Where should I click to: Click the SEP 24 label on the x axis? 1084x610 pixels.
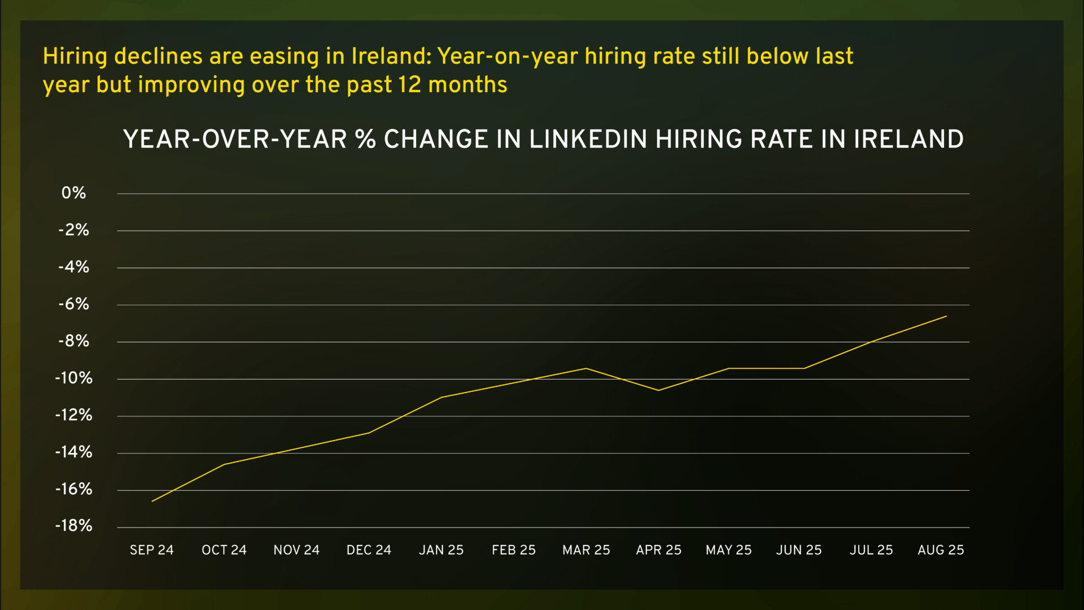point(151,550)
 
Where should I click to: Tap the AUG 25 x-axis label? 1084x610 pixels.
point(941,550)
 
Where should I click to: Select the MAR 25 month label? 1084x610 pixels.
point(586,550)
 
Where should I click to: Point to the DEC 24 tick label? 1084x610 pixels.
point(369,550)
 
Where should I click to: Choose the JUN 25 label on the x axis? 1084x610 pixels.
point(798,550)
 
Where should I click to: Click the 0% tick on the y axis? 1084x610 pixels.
point(73,193)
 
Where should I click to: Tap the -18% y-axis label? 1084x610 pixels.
point(73,526)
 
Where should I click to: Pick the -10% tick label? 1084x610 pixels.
point(73,378)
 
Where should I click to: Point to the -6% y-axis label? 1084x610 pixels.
point(73,304)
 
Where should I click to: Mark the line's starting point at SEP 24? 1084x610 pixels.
point(152,501)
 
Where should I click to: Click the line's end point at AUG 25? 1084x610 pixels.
point(946,316)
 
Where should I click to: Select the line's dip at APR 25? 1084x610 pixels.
point(658,390)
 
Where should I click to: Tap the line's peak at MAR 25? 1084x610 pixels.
point(586,368)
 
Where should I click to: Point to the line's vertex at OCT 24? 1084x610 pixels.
point(224,464)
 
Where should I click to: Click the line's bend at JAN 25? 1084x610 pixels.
point(441,397)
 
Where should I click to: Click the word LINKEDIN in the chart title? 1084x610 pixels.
point(588,140)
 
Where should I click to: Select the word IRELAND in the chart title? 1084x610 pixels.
point(908,140)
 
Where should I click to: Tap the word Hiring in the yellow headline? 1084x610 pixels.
point(75,56)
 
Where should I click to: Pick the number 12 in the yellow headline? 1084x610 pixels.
point(409,85)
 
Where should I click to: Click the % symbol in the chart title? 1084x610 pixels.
point(366,140)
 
